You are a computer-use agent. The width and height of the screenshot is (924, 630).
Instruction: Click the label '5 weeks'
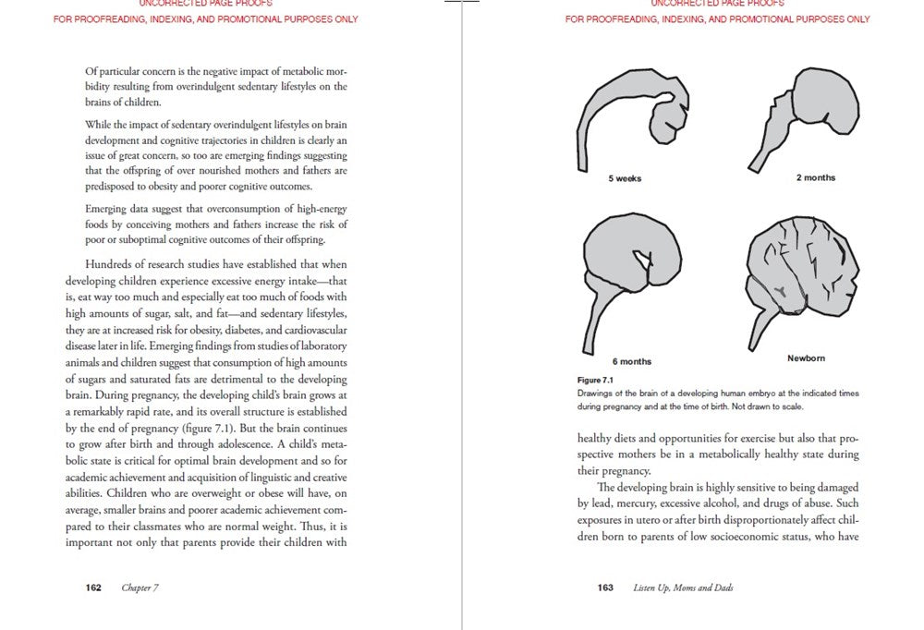[625, 178]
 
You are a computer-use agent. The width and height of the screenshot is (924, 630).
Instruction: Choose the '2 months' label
[816, 178]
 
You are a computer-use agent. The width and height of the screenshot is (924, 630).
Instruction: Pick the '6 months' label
[632, 361]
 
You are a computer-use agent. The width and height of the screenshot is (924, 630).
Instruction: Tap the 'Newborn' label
[806, 357]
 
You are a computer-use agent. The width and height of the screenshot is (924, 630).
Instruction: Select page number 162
[93, 588]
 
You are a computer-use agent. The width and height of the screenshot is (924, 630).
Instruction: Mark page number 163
[605, 588]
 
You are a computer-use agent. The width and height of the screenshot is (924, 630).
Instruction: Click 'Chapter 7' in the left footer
[140, 588]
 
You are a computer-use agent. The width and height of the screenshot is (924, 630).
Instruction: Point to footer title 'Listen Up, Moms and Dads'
[683, 588]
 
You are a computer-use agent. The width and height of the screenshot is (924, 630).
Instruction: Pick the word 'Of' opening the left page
[91, 71]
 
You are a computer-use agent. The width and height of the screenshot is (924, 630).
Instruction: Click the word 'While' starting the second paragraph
[98, 125]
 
